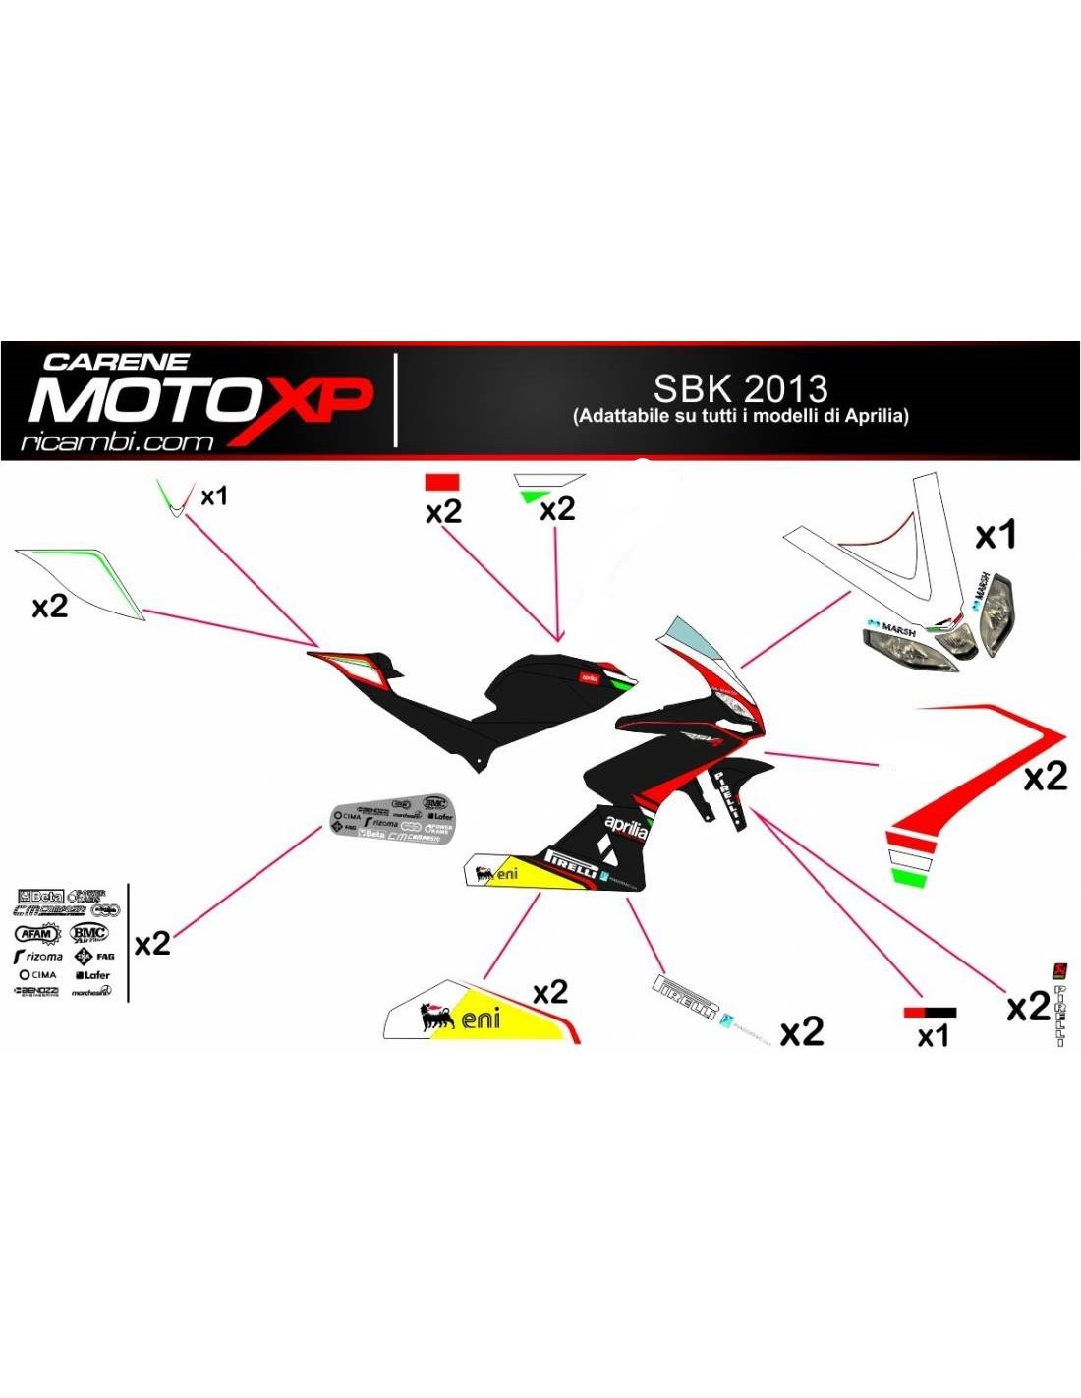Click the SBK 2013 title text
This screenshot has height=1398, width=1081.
(740, 388)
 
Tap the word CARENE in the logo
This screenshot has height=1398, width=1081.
(116, 362)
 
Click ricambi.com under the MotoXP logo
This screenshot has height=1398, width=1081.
(116, 441)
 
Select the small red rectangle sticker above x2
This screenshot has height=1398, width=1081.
(441, 482)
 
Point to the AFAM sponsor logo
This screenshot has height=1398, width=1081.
(36, 933)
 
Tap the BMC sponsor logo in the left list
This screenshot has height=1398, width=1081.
(88, 932)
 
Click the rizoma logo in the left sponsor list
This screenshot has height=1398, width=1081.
(38, 956)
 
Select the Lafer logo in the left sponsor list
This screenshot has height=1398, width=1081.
(93, 975)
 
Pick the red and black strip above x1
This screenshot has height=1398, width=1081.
(930, 1012)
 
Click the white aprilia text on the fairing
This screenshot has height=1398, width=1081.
(626, 826)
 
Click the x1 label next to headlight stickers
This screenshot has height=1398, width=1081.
(996, 536)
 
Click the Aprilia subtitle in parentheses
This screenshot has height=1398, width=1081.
(740, 416)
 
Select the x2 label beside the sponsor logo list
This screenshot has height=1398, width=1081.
(152, 944)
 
